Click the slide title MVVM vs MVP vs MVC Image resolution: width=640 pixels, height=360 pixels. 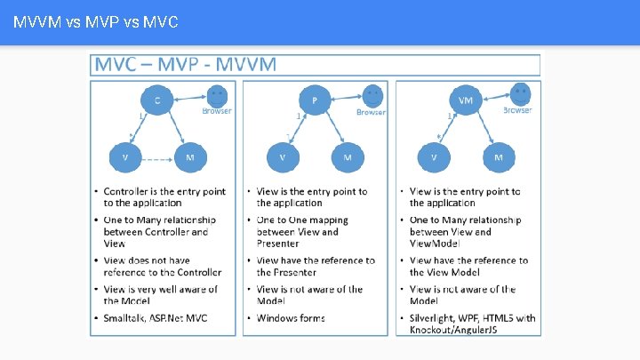(x=96, y=21)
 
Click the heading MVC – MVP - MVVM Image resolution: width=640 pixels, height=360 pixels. (x=186, y=65)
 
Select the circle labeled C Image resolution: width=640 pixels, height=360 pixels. (x=157, y=100)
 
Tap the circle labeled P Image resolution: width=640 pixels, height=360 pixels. (x=314, y=100)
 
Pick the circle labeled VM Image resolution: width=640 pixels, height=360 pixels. (x=466, y=100)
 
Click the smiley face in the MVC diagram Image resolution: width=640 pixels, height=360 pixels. (x=217, y=95)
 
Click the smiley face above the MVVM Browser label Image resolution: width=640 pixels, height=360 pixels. (x=519, y=92)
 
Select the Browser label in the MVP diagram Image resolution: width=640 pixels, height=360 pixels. (x=371, y=113)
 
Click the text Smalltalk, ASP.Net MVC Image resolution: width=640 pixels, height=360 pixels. (x=156, y=318)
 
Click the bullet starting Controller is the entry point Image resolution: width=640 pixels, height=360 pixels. (x=164, y=197)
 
